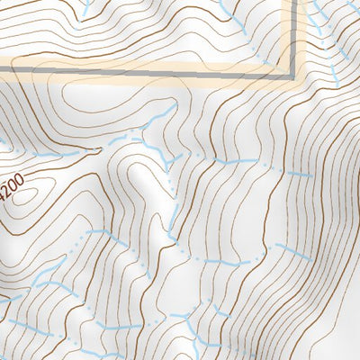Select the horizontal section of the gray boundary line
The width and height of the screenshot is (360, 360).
(144, 74)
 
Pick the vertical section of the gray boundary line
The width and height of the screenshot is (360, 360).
(293, 36)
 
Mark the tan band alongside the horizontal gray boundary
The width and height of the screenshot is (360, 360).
(144, 64)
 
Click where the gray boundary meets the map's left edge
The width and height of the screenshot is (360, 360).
(2, 74)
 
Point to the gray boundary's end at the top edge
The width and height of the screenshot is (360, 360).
(293, 2)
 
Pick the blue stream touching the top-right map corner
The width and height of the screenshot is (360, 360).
(353, 7)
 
